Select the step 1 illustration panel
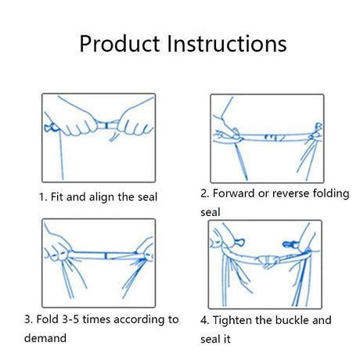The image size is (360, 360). (x=98, y=137)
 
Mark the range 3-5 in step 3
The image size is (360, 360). (x=82, y=319)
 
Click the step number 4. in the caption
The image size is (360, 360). (x=206, y=320)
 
